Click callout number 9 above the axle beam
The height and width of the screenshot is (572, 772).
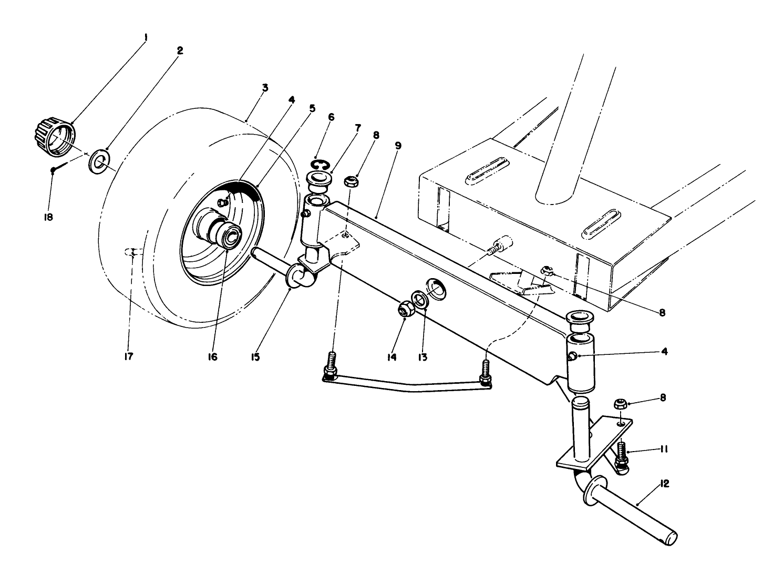(x=398, y=146)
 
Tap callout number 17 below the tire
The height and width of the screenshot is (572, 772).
(x=129, y=356)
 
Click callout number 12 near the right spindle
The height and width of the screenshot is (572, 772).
(x=664, y=484)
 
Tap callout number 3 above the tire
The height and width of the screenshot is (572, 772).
(x=265, y=88)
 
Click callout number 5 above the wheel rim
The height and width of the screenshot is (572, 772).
(x=312, y=108)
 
